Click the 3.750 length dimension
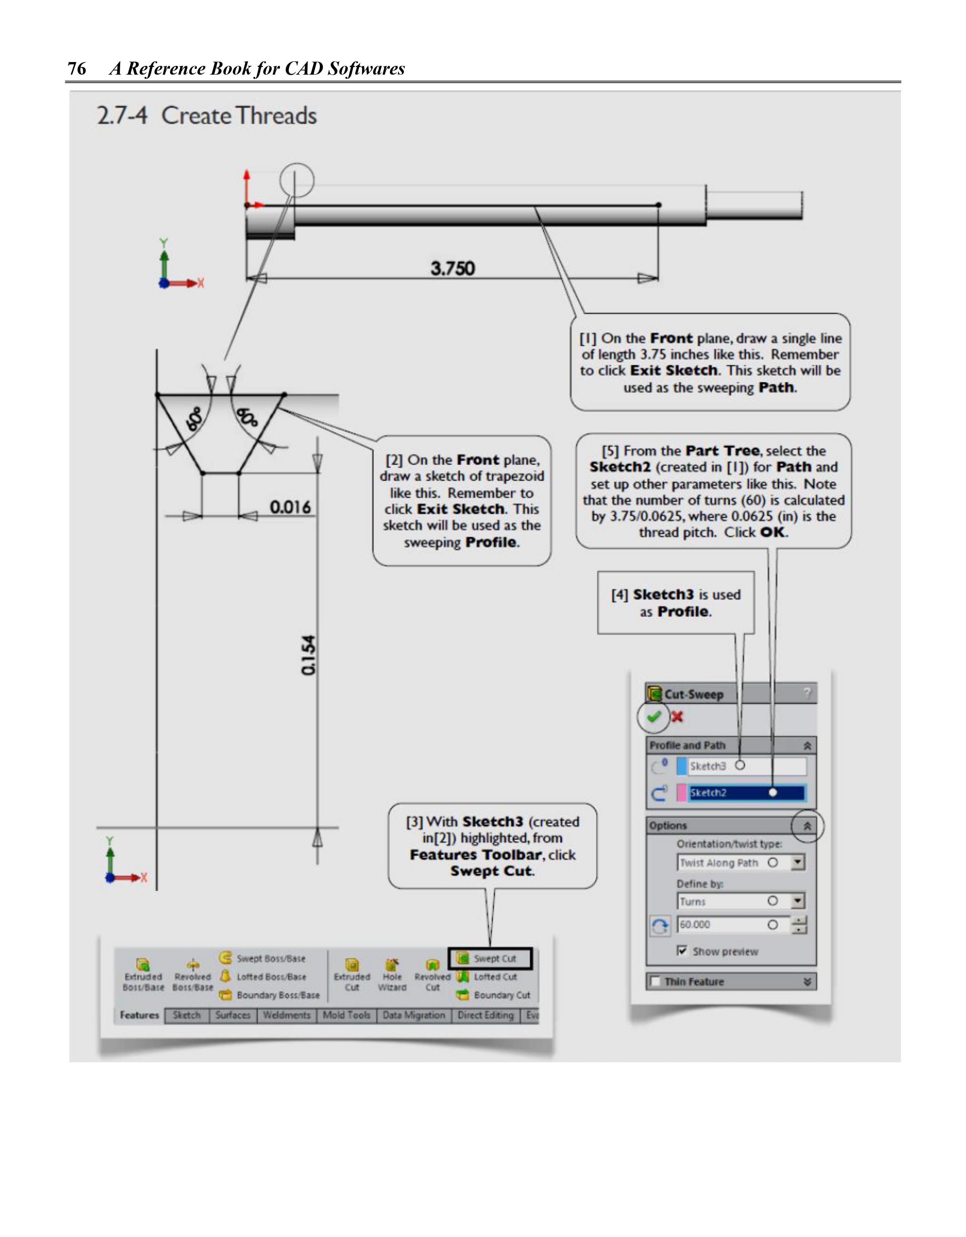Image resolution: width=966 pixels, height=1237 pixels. click(453, 268)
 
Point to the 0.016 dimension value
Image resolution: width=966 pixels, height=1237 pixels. click(290, 506)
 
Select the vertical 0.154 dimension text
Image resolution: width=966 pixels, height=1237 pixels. click(308, 655)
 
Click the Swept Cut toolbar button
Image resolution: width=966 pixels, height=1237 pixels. click(490, 958)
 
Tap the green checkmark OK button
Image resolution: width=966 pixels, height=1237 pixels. click(654, 717)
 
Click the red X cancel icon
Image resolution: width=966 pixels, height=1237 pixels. click(677, 717)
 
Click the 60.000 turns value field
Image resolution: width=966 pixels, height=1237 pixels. click(733, 924)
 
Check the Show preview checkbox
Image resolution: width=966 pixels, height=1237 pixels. click(683, 950)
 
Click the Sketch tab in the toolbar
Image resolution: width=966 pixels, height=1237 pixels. click(187, 1015)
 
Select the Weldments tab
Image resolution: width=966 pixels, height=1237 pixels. click(286, 1015)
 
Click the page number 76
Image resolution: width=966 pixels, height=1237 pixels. click(76, 69)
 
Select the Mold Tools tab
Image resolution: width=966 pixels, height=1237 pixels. click(346, 1015)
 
